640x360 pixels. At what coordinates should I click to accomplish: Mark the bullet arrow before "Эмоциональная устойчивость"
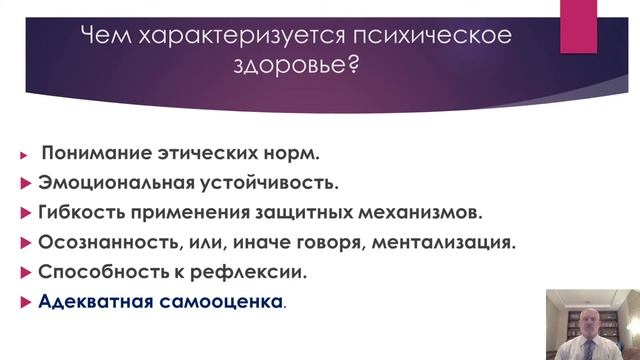pyautogui.click(x=26, y=185)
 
